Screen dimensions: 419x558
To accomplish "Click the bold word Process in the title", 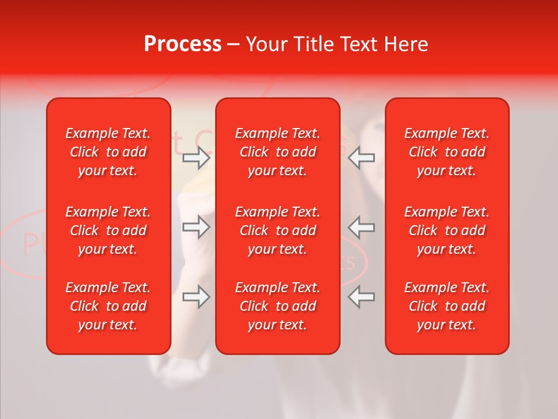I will click(x=183, y=44).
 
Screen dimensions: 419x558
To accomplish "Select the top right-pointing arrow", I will click(x=196, y=158).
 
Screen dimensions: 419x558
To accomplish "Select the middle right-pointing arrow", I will click(x=196, y=227).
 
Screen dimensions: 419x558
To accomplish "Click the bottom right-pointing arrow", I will click(x=196, y=297).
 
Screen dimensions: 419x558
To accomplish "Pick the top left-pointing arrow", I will click(x=362, y=157).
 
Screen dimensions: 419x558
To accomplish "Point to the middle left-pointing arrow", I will click(x=362, y=227).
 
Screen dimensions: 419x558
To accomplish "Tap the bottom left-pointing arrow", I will click(x=362, y=297).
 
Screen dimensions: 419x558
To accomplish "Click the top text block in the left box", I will click(x=108, y=152).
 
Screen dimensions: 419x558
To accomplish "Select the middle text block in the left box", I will click(x=108, y=230).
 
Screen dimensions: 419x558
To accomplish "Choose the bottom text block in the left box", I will click(x=108, y=306).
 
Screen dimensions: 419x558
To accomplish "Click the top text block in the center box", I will click(x=278, y=152).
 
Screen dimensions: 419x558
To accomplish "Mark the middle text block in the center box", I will click(x=278, y=230).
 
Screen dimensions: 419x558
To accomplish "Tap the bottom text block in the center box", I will click(x=278, y=306).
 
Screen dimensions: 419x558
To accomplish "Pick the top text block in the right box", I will click(x=447, y=152).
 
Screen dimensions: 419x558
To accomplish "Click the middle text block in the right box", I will click(x=447, y=230).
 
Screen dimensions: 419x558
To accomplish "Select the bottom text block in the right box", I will click(x=447, y=306).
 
